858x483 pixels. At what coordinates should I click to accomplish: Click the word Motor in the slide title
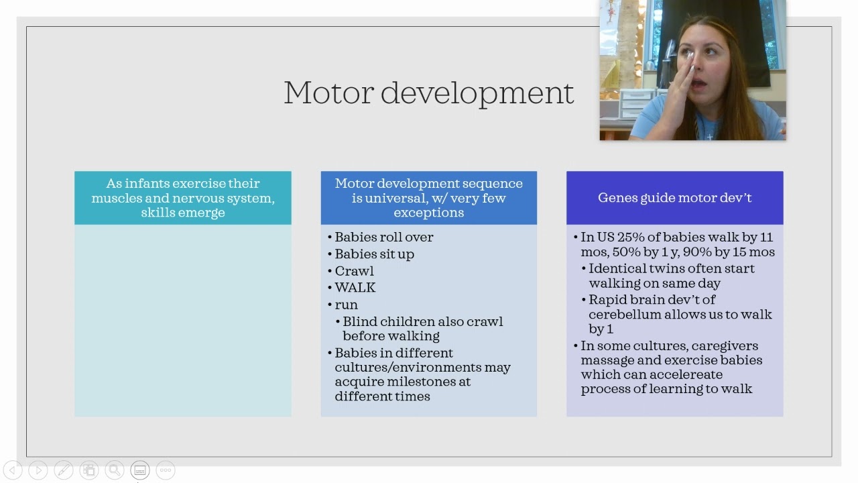click(327, 93)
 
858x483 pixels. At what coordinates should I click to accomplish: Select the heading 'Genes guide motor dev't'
click(674, 198)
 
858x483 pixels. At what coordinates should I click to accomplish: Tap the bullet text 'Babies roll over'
click(383, 237)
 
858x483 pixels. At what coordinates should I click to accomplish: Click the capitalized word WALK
click(355, 288)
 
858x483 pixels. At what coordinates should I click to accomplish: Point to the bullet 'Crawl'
click(354, 271)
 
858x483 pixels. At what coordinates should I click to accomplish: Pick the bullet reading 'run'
click(346, 305)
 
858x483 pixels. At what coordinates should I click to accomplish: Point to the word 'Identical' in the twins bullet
click(617, 268)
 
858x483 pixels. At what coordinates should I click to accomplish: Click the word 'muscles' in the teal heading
click(115, 198)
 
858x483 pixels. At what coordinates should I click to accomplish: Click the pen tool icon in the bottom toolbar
click(63, 470)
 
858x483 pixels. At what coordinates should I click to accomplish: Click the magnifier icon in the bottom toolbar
click(114, 470)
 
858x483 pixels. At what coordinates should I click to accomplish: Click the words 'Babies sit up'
click(374, 254)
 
